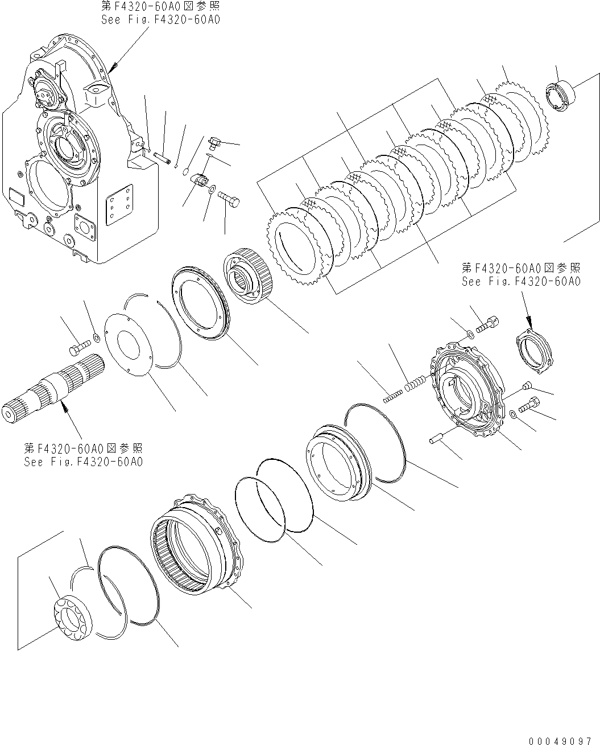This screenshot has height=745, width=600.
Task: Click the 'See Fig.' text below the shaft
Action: [83, 462]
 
